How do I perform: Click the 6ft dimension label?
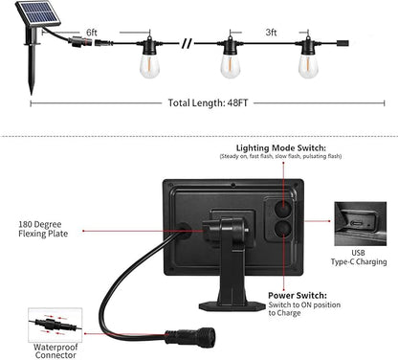[92, 32]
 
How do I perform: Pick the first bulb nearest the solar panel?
[149, 63]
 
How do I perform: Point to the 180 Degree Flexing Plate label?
[42, 229]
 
